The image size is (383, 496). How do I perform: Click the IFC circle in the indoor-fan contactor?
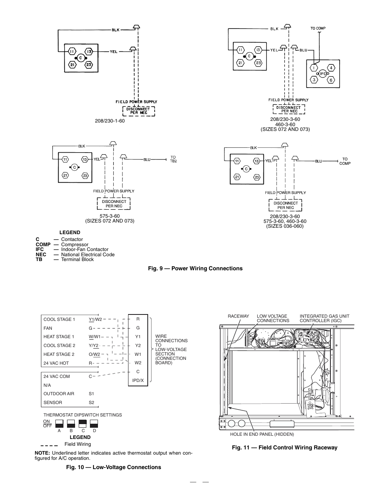point(323,73)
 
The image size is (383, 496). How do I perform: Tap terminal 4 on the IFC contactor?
point(331,68)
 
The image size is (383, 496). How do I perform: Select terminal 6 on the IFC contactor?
point(331,80)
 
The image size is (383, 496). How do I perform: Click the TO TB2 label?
point(173,159)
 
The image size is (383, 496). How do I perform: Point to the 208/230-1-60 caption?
point(110,121)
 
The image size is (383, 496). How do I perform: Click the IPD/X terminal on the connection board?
point(138,380)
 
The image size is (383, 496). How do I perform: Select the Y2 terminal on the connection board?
point(138,345)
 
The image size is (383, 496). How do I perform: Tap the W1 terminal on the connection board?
point(138,354)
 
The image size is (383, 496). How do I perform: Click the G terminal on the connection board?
point(138,328)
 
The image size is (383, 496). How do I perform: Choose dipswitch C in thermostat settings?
point(83,424)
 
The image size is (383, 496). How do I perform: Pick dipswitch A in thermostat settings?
point(59,424)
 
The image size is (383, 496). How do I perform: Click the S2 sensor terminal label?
point(91,402)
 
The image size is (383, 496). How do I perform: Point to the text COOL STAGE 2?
point(59,345)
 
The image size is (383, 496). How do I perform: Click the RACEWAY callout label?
point(238,316)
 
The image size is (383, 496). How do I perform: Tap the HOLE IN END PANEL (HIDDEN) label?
point(262,434)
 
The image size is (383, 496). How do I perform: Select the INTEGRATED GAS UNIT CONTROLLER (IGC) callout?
point(324,318)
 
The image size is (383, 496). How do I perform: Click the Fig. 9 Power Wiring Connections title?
point(195,268)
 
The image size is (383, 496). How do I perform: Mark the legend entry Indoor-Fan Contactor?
point(85,249)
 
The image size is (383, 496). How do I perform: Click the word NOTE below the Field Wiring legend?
point(42,453)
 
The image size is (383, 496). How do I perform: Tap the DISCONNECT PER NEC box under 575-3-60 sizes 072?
point(114,204)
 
